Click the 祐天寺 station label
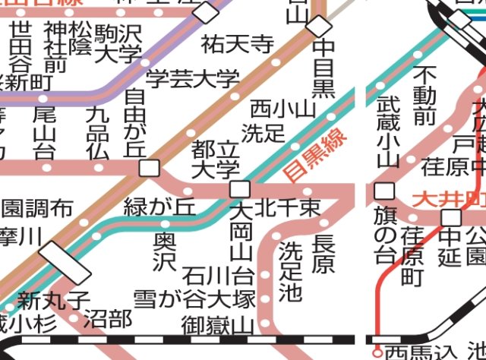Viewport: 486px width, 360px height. pyautogui.click(x=238, y=44)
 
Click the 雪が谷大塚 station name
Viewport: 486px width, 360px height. pyautogui.click(x=194, y=298)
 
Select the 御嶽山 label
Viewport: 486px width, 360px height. pyautogui.click(x=217, y=327)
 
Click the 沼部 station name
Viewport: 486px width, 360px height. pyautogui.click(x=107, y=319)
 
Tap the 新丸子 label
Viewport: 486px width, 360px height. pyautogui.click(x=55, y=301)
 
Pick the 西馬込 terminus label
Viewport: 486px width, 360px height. pyautogui.click(x=421, y=352)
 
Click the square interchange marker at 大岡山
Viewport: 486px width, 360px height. pyautogui.click(x=240, y=188)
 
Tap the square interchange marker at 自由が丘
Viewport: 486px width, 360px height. pyautogui.click(x=150, y=168)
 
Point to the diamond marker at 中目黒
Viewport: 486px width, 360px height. pyautogui.click(x=317, y=25)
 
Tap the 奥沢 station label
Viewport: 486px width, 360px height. pyautogui.click(x=164, y=251)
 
